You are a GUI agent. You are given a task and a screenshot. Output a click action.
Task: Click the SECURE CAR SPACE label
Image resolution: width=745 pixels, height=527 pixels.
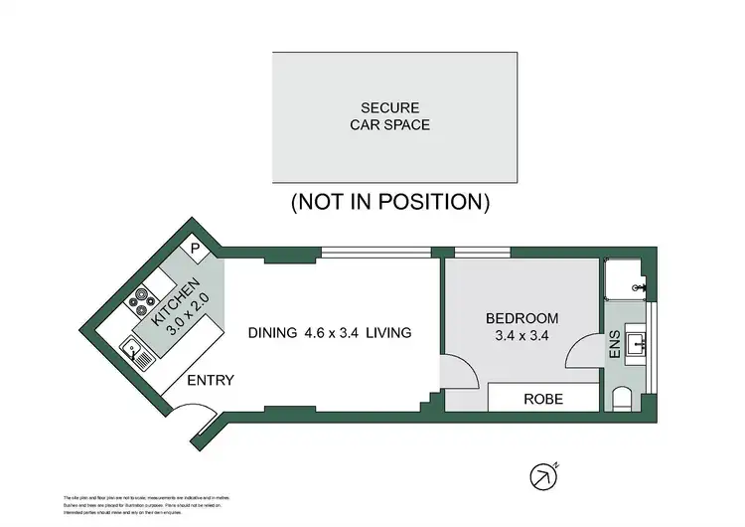(x=389, y=116)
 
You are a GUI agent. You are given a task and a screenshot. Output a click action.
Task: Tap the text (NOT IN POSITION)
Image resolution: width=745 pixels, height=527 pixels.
(x=389, y=202)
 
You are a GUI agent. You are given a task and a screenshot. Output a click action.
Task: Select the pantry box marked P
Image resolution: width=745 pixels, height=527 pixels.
(x=195, y=250)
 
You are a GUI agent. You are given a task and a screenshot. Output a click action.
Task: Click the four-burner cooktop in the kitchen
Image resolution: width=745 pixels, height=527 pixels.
(x=138, y=297)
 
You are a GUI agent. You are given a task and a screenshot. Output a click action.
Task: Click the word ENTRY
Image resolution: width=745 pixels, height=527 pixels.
(x=210, y=380)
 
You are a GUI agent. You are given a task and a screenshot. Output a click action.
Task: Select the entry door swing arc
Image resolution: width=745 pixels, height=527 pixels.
(x=197, y=422)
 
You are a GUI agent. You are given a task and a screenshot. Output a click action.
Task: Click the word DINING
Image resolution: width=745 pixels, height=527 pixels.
(x=271, y=333)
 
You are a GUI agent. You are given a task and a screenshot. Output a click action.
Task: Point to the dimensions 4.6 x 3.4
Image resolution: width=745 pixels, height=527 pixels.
(x=335, y=333)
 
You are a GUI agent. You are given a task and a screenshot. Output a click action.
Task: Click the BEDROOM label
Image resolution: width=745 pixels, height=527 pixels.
(x=521, y=318)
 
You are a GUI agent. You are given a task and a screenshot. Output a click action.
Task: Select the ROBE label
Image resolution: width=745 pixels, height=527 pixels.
(x=543, y=399)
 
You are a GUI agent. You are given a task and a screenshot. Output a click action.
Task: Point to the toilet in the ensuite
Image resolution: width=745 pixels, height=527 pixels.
(x=623, y=400)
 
